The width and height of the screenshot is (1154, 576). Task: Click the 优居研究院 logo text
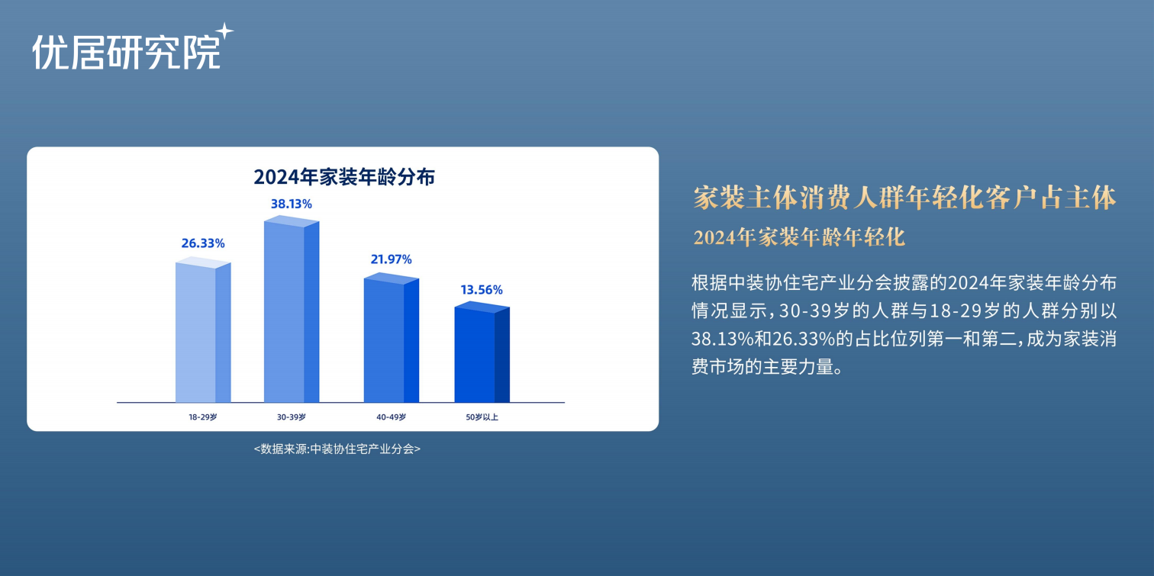127,52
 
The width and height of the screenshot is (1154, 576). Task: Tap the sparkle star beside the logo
224,31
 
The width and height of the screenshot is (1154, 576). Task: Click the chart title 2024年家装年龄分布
344,176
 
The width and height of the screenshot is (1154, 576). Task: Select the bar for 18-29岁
203,330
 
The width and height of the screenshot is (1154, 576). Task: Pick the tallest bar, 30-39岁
292,309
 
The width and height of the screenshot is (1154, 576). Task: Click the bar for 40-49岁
391,338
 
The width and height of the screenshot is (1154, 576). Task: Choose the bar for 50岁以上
482,352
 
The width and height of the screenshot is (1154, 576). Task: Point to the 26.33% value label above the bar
203,243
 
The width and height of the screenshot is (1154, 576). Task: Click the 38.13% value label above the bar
292,204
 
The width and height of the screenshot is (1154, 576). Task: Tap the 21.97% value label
391,259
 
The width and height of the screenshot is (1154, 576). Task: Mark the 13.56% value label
482,289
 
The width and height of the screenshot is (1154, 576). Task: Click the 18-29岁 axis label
203,417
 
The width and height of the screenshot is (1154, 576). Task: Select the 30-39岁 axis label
292,417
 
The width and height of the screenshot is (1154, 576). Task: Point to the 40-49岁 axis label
391,417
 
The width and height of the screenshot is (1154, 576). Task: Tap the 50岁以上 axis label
482,417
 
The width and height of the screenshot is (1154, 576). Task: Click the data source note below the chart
337,449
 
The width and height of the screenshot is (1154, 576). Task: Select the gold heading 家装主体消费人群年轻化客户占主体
904,198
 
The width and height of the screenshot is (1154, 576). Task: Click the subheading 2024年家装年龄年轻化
799,237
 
